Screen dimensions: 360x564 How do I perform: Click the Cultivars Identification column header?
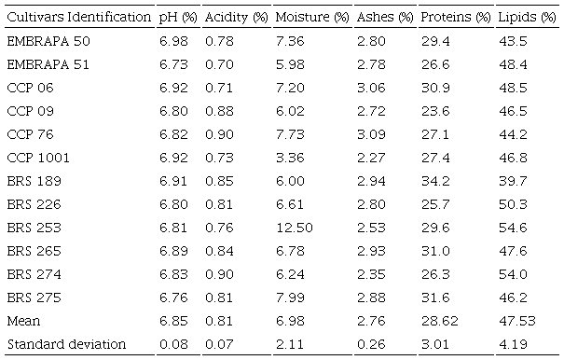[x=78, y=18]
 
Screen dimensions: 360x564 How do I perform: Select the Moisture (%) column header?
[x=308, y=18]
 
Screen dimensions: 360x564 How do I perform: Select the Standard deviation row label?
[x=65, y=344]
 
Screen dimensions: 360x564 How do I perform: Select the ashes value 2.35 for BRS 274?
[x=370, y=274]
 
